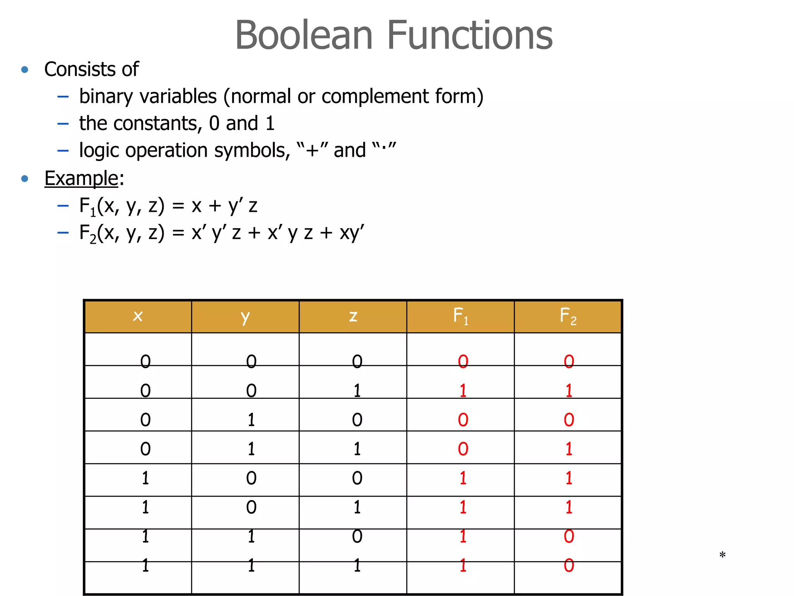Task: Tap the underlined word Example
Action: point(81,178)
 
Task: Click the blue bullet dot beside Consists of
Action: point(25,70)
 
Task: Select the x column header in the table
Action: point(138,316)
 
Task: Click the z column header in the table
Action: point(353,316)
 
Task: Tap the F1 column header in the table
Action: point(461,316)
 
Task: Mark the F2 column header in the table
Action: point(568,316)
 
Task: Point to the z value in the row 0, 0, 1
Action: point(357,390)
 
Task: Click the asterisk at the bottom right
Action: point(722,555)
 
